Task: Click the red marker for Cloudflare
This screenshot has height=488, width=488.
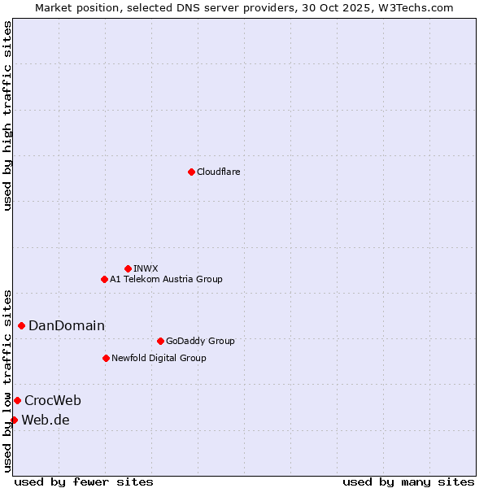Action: point(191,172)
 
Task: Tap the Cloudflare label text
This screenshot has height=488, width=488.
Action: point(218,172)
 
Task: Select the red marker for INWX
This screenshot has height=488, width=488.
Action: point(128,268)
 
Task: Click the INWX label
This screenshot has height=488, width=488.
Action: point(146,268)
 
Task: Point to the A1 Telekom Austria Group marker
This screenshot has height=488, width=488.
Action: point(104,279)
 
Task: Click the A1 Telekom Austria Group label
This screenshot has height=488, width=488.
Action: point(166,279)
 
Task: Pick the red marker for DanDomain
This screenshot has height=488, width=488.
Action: point(21,325)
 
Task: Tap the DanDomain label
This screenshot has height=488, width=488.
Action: point(67,326)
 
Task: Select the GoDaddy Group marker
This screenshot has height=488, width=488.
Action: point(160,341)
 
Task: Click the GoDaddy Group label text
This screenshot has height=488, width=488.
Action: point(200,341)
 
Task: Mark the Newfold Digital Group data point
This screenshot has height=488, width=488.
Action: point(106,358)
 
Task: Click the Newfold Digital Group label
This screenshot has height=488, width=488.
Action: point(159,358)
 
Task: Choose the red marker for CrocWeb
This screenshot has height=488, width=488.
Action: point(17,400)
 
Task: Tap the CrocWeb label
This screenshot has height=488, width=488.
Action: point(53,400)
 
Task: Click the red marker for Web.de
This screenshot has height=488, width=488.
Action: point(14,420)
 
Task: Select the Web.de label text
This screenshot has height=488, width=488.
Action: point(46,420)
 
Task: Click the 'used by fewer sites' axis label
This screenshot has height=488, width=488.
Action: point(84,481)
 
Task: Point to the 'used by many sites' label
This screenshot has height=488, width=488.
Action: point(408,481)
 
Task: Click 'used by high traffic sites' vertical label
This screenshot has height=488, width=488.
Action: point(8,115)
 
